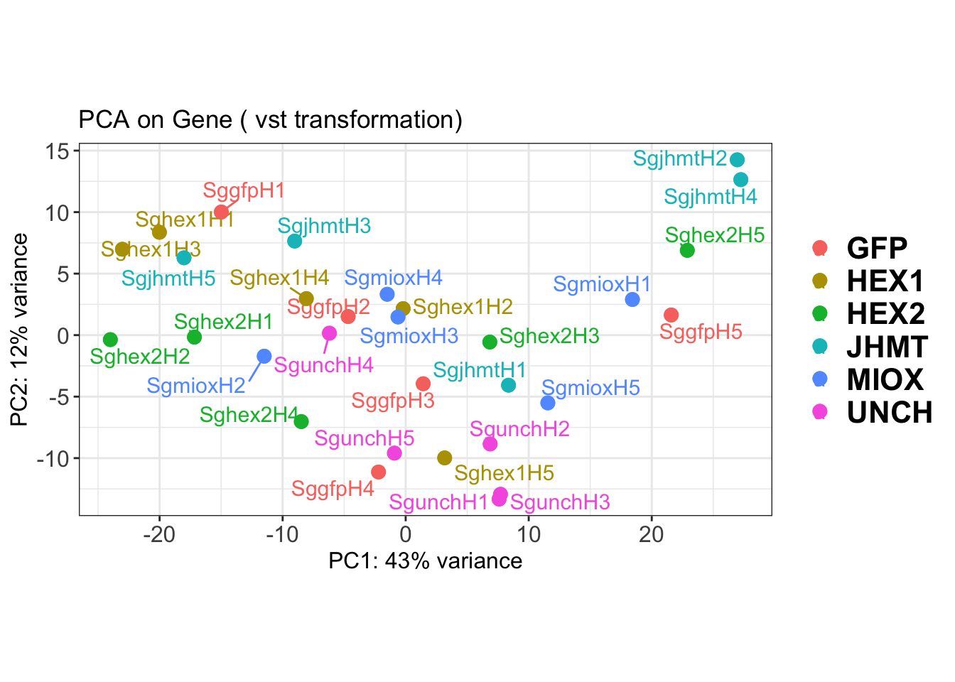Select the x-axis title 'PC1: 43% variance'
coord(425,561)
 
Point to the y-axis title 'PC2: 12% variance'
coord(20,330)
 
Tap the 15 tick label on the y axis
coord(58,151)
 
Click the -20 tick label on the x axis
coord(158,534)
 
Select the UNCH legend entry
coord(889,412)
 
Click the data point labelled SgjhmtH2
coord(737,160)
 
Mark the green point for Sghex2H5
coord(687,250)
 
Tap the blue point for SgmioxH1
coord(632,300)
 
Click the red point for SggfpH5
coord(671,315)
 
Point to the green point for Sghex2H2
coord(110,340)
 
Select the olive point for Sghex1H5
coord(445,458)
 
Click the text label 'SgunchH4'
coord(324,365)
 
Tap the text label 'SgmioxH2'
coord(196,386)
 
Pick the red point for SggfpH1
coord(222,212)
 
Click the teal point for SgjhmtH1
coord(508,385)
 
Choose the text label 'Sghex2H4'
coord(249,415)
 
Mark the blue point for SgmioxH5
coord(548,403)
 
